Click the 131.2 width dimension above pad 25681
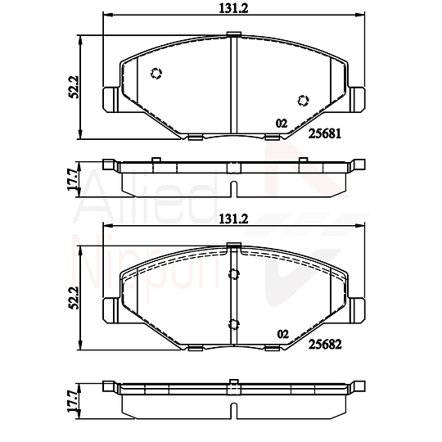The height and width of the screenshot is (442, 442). tap(233, 8)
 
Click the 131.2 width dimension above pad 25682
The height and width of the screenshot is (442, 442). tap(233, 219)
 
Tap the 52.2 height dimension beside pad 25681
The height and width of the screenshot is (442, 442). tap(74, 87)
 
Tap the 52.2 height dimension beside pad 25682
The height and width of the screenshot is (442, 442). tap(74, 298)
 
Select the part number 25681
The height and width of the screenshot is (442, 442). tap(325, 133)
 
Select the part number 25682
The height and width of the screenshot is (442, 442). tap(325, 344)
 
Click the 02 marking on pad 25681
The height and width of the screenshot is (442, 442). tap(282, 124)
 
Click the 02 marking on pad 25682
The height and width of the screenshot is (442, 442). tap(282, 334)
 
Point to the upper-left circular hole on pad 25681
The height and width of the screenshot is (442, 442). tap(156, 74)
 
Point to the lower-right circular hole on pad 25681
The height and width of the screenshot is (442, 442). tap(303, 101)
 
